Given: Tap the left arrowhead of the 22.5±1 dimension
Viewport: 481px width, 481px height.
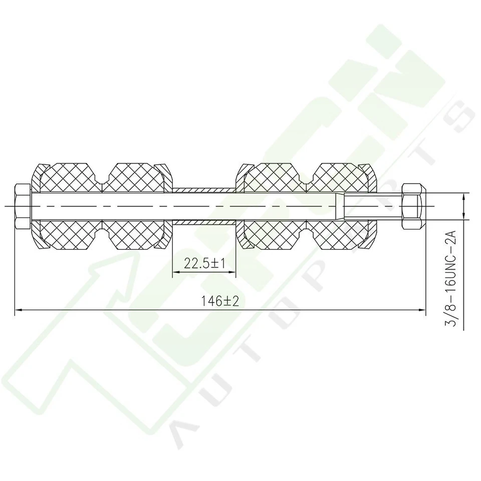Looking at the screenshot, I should (176, 273).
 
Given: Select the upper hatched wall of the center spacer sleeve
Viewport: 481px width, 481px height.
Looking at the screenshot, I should (203, 190).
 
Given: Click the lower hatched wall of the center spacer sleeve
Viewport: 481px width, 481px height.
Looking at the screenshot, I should (203, 222).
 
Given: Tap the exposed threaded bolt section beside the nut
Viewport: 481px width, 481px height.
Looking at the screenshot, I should (373, 206).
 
